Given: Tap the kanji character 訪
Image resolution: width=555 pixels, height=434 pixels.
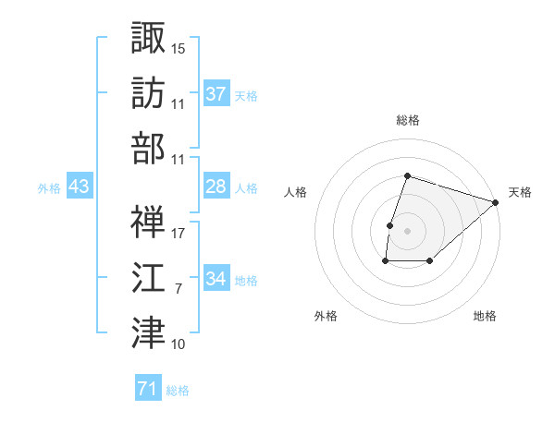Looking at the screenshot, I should pos(148,92).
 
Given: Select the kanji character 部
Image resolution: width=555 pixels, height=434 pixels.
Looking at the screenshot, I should pos(148,148).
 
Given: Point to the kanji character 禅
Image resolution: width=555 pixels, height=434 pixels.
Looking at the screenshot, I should pos(148,222).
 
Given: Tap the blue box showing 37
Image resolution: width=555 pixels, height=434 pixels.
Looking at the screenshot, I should pos(216,94).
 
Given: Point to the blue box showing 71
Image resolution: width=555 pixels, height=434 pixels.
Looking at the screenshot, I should pos(147,390).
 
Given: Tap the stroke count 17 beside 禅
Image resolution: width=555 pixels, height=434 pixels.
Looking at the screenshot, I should pos(179,235).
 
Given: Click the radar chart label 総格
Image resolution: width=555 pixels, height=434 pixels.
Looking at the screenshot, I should pos(407,120).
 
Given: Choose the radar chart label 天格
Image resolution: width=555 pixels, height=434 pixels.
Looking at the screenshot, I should pos(520,192).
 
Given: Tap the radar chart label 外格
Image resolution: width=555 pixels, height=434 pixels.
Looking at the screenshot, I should pos(326,316).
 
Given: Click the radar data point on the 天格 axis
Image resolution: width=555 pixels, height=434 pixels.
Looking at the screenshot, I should pos(496,203).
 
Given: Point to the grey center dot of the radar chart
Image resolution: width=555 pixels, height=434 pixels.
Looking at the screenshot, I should pos(407,231).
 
